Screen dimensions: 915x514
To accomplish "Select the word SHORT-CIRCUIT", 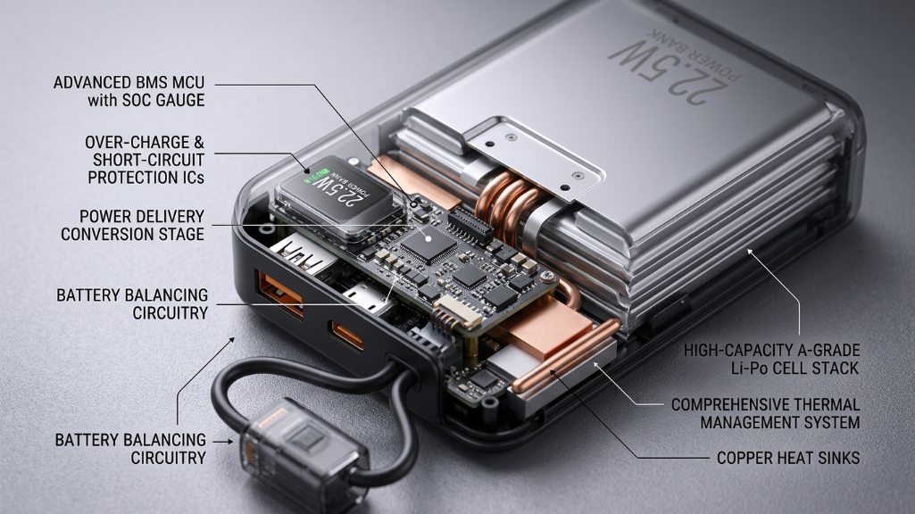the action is coord(149,160).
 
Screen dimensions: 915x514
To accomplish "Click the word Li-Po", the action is coord(750,369).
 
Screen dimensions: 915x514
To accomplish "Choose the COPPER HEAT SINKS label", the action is coord(788,458).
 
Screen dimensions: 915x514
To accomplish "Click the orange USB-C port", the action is coord(348,336).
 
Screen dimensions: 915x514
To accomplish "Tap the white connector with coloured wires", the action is coord(457,312).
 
